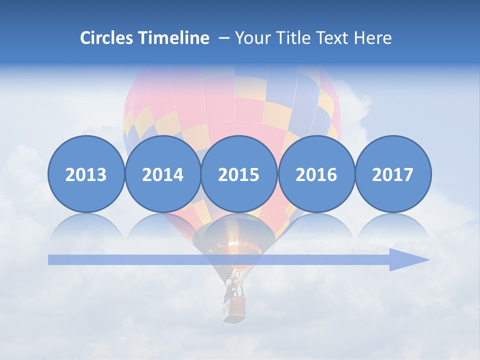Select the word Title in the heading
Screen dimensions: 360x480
(x=293, y=38)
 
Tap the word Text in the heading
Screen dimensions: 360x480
(x=335, y=38)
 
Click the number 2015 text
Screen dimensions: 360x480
(x=239, y=174)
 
